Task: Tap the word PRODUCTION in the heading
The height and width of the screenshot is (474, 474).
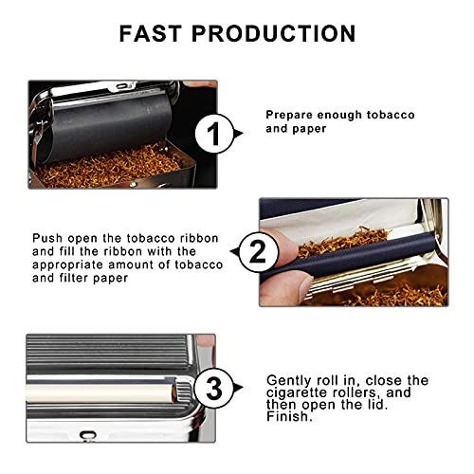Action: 276,33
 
